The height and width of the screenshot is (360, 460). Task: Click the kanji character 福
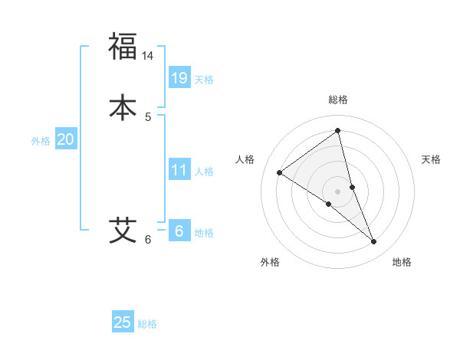pos(123,46)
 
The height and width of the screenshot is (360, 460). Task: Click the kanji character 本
pos(123,106)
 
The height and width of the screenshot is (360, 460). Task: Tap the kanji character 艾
pos(123,229)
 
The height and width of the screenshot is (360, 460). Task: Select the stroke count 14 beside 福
pos(149,56)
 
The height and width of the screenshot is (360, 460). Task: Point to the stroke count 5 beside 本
pos(149,117)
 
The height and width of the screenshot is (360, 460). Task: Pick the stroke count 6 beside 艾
pos(149,240)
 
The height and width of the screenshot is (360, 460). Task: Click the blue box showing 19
pos(179,77)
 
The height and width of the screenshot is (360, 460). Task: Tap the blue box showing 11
pos(179,170)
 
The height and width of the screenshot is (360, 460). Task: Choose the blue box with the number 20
pos(65,139)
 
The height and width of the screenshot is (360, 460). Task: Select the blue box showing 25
pos(123,322)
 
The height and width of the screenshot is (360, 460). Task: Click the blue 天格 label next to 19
pos(204,80)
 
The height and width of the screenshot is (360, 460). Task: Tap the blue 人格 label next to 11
pos(204,172)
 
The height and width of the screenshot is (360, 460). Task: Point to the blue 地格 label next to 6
pos(204,233)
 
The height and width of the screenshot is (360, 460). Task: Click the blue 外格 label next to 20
pos(41,141)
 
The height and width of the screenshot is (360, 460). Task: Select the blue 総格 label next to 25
pos(147,324)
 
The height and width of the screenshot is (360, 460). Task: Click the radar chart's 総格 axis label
pos(337,100)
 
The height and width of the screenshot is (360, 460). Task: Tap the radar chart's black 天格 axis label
pos(432,159)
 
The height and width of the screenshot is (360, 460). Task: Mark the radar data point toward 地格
pos(373,242)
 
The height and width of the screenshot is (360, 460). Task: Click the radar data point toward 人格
pos(280,172)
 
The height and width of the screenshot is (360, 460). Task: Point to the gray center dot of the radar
pos(337,191)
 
